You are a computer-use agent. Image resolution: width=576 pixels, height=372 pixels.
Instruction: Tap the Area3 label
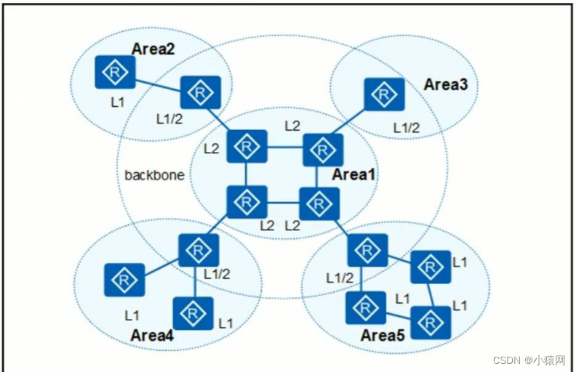click(446, 84)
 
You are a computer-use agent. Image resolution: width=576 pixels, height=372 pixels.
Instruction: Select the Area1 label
click(354, 175)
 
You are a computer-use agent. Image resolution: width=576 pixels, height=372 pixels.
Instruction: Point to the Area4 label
click(152, 335)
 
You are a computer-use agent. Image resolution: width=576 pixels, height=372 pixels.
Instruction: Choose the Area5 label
click(383, 336)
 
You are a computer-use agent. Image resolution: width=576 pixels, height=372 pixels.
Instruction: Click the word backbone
click(154, 175)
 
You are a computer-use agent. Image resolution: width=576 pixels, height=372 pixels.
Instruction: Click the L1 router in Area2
click(114, 70)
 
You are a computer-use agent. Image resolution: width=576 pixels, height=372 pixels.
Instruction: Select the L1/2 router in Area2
click(200, 92)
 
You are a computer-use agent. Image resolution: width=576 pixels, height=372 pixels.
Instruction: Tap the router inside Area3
click(384, 94)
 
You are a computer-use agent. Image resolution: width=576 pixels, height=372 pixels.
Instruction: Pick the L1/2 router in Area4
click(199, 250)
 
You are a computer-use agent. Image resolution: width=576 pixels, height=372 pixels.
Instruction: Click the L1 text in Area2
click(118, 103)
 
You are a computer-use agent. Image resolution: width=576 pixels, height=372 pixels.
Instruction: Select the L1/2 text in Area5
click(338, 278)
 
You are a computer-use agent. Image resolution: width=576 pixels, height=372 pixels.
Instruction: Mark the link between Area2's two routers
click(157, 81)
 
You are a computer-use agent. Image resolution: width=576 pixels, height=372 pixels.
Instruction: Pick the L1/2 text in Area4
click(217, 274)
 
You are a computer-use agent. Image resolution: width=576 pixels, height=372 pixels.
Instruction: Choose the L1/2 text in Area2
click(168, 117)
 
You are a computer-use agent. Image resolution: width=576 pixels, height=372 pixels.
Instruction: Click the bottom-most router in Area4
click(193, 314)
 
